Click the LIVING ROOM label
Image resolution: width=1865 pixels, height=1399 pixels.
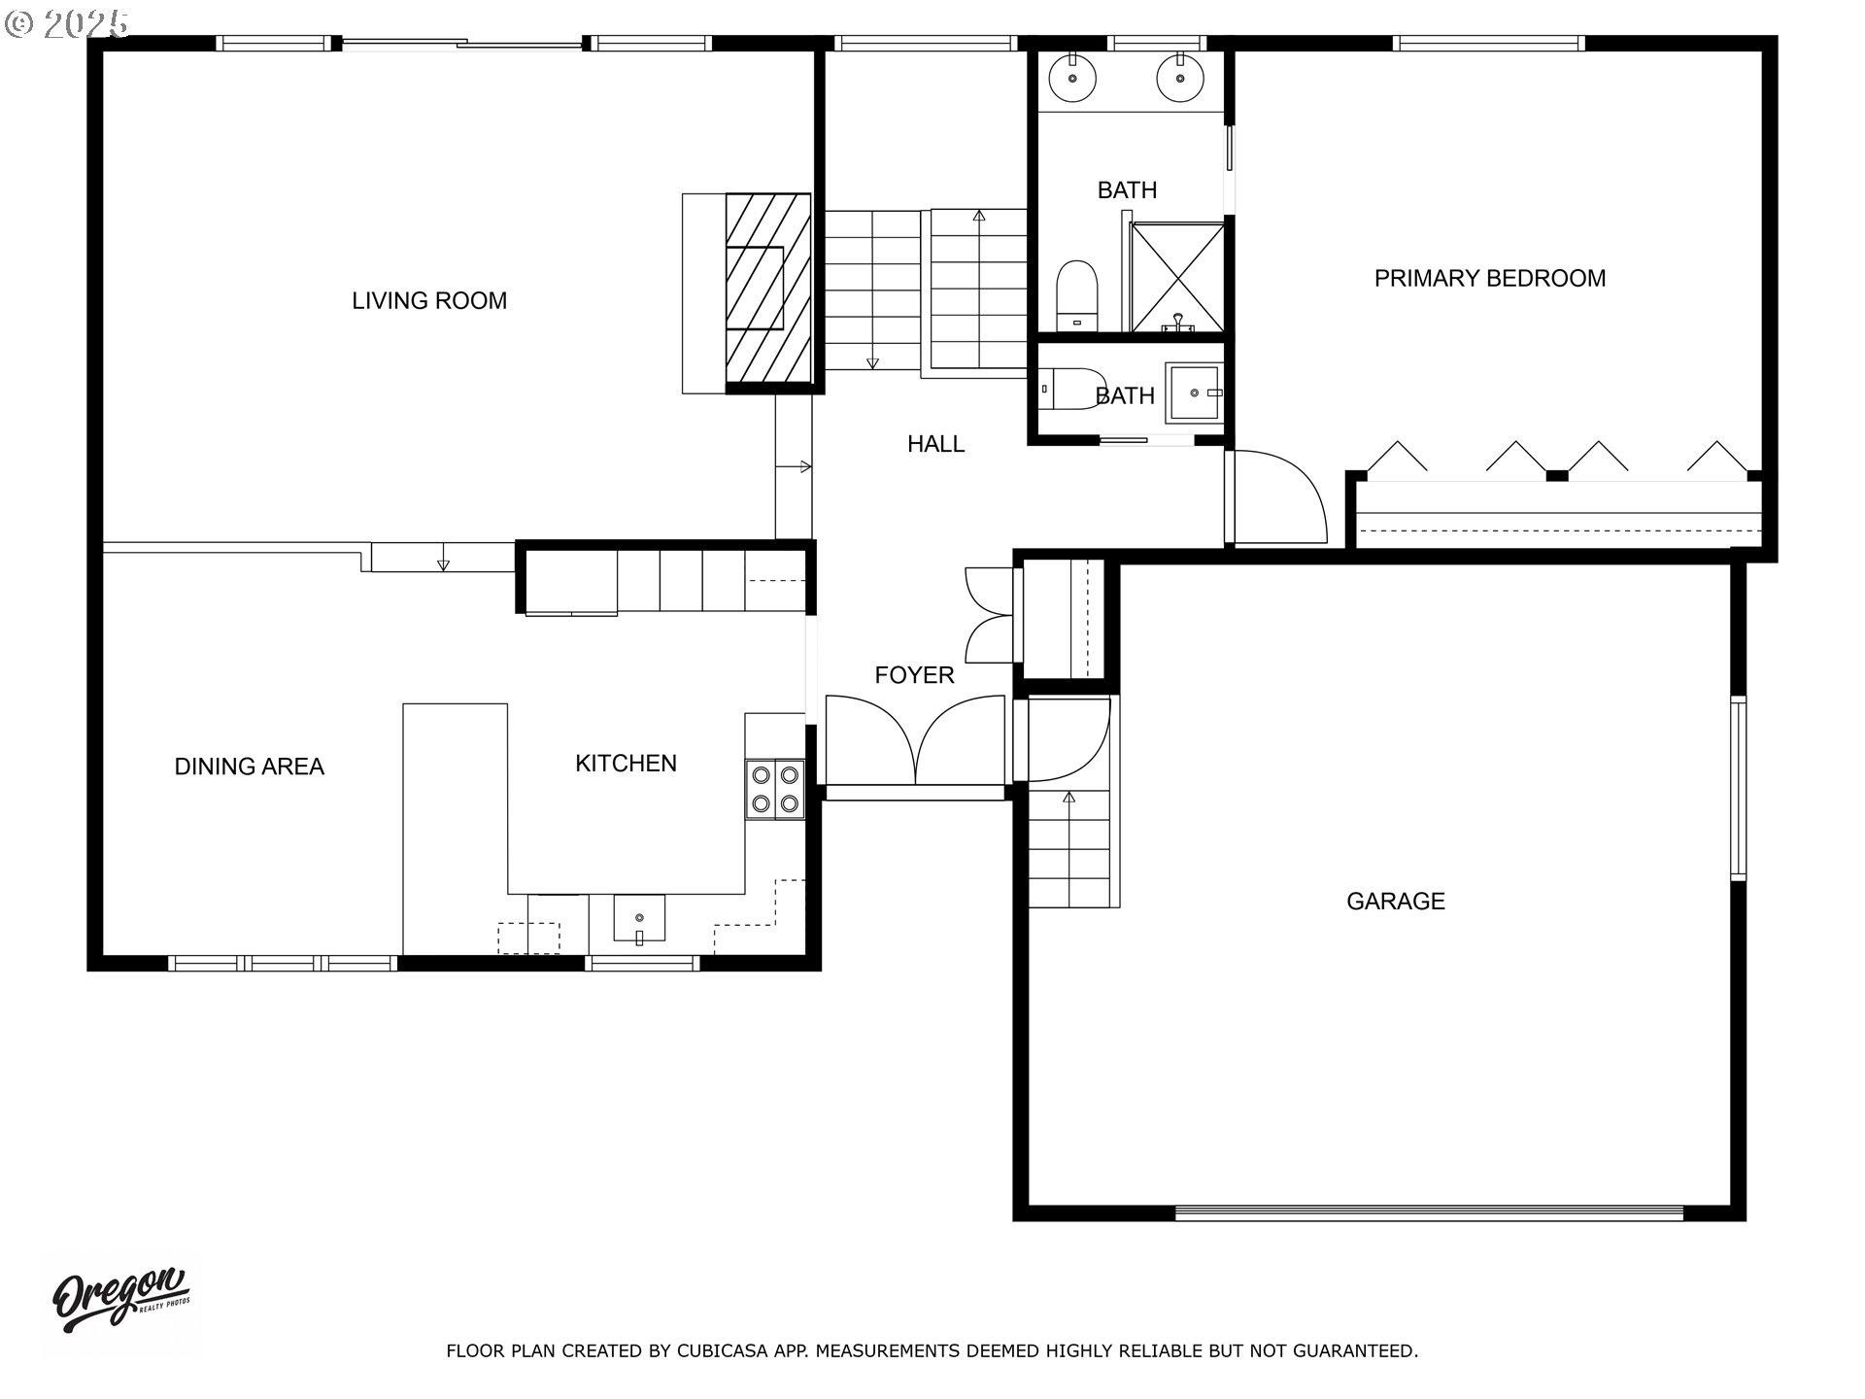click(x=429, y=301)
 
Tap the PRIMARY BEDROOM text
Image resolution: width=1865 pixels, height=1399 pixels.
click(x=1489, y=279)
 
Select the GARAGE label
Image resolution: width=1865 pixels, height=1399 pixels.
click(x=1395, y=902)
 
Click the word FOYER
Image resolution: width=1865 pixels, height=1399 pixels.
click(x=914, y=675)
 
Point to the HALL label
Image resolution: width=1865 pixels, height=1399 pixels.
click(x=935, y=444)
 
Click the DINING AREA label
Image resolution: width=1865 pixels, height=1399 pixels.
click(x=249, y=767)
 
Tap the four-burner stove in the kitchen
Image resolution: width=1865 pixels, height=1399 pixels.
click(x=775, y=789)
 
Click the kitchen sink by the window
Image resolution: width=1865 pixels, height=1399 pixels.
click(x=639, y=919)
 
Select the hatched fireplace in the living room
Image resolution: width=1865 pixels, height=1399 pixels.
click(x=767, y=289)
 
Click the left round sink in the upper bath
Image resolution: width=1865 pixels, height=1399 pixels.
click(x=1072, y=77)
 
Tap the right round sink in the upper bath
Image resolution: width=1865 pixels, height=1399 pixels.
click(x=1179, y=77)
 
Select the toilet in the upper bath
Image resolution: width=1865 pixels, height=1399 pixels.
click(x=1075, y=293)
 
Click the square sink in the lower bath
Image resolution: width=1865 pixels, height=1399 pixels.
click(x=1195, y=392)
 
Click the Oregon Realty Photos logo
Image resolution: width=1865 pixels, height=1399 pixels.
click(x=121, y=1300)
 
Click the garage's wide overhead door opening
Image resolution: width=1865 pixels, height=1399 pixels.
click(x=1428, y=1212)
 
